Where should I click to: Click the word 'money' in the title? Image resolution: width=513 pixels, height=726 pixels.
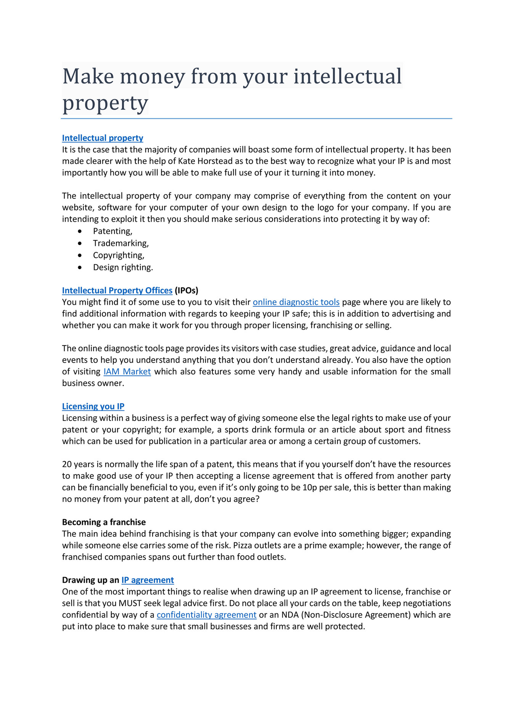click(x=153, y=76)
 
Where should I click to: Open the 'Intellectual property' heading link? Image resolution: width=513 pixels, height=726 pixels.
click(x=103, y=138)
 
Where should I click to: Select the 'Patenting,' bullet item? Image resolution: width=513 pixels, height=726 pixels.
click(x=113, y=231)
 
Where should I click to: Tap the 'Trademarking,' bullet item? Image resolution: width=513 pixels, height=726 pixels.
click(x=121, y=243)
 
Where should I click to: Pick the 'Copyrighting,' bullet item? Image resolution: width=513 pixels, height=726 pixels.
click(x=119, y=255)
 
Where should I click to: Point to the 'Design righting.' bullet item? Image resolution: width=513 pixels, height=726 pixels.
click(x=123, y=268)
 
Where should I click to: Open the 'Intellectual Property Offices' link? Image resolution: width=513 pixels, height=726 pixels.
click(x=117, y=290)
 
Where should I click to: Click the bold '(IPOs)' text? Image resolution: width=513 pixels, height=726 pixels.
click(x=187, y=290)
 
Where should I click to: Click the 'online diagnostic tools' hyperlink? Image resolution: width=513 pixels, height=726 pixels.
click(x=296, y=302)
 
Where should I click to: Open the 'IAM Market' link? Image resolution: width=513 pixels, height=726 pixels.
click(x=127, y=372)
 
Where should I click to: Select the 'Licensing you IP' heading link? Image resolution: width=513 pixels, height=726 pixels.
click(x=93, y=407)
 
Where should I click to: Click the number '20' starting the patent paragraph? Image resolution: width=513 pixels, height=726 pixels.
click(x=67, y=465)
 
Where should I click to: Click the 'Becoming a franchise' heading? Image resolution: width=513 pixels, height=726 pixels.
click(x=104, y=522)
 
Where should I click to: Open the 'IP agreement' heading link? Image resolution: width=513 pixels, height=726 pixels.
click(x=148, y=580)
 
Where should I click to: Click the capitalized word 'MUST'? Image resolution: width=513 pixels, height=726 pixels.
click(x=130, y=603)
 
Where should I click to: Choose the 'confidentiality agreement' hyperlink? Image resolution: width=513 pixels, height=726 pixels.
click(x=206, y=615)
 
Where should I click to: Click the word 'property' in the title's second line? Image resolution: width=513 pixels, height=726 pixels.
click(x=105, y=103)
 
